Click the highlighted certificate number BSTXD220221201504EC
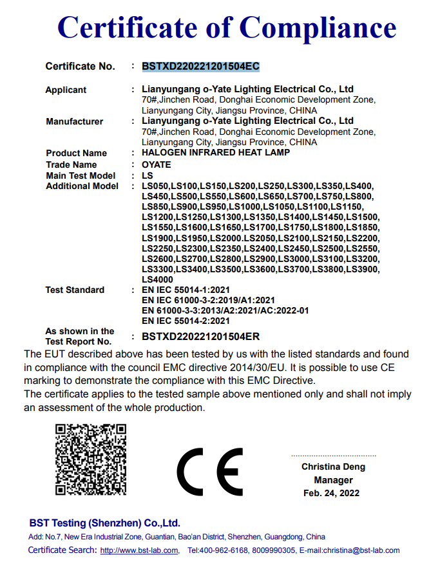[x=200, y=66]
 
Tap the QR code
[x=90, y=459]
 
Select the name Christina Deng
[x=333, y=466]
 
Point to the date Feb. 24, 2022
[x=332, y=493]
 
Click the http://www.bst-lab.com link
[x=139, y=550]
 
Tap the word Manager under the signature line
[x=333, y=480]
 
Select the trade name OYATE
[x=157, y=165]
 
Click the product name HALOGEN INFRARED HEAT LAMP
[x=216, y=153]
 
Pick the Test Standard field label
[x=75, y=290]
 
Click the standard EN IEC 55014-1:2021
[x=186, y=290]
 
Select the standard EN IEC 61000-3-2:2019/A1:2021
[x=208, y=300]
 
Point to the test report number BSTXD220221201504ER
[x=200, y=336]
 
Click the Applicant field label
[x=66, y=90]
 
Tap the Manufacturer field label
[x=75, y=121]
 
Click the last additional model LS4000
[x=157, y=279]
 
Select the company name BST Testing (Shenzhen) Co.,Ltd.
[x=105, y=523]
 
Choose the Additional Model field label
[x=82, y=186]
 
